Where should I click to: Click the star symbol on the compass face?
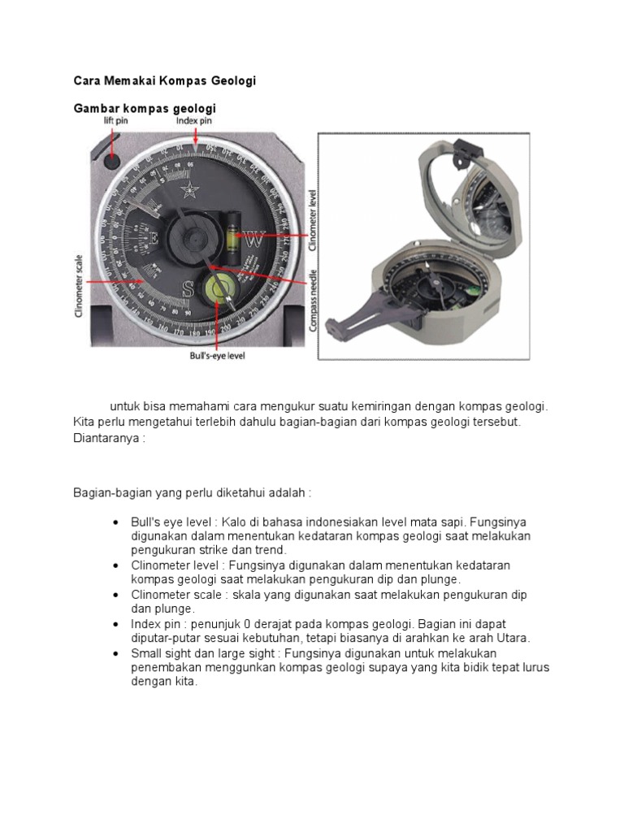[192, 192]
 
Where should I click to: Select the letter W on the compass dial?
[253, 240]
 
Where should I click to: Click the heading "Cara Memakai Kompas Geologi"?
[165, 81]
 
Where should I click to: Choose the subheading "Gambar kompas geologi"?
[145, 108]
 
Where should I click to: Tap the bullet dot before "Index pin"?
[117, 624]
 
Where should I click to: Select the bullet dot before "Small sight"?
[117, 653]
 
